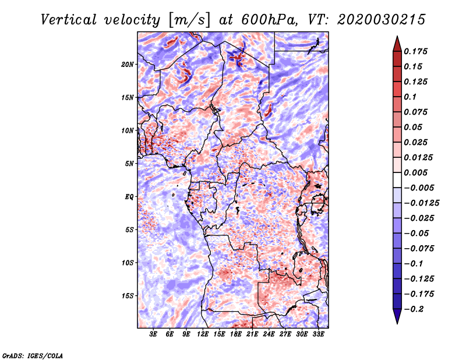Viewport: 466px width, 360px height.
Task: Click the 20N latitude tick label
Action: (128, 65)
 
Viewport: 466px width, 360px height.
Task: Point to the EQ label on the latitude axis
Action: (129, 197)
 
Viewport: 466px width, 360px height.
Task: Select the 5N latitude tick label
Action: (129, 164)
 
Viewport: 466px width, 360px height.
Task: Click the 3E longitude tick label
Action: (153, 334)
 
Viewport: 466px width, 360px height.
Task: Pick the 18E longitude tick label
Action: (236, 334)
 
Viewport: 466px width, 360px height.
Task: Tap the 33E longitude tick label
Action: (318, 334)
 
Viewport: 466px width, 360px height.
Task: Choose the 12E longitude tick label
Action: (202, 334)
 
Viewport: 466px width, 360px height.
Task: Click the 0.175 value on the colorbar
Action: (415, 51)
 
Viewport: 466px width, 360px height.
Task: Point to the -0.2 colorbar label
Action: (414, 309)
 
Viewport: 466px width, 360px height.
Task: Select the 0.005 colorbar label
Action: (415, 172)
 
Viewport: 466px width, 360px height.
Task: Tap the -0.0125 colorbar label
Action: (421, 203)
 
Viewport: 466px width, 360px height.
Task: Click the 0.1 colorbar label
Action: (410, 97)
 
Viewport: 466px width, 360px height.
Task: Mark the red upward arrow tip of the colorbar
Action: (397, 37)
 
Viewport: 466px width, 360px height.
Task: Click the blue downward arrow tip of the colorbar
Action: (397, 323)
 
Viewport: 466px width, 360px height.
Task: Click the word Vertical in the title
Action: (69, 20)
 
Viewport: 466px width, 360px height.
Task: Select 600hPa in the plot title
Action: (270, 20)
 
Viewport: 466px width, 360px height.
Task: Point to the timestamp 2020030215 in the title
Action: (382, 20)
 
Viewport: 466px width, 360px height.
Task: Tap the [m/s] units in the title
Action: (189, 20)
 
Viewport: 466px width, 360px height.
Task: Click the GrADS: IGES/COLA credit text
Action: (33, 355)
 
